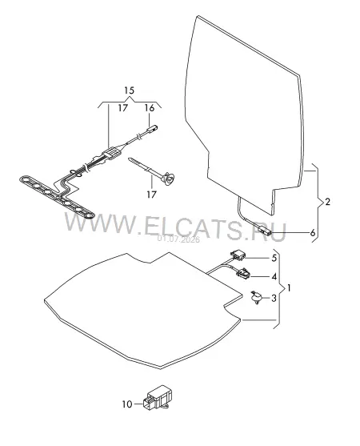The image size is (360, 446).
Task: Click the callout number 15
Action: coord(129,90)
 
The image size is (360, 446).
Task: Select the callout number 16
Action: coord(149,108)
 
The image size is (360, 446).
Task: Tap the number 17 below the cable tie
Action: coord(152,195)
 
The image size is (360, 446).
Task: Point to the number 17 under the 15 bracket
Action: coord(123,108)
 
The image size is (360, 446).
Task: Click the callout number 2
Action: coord(328,202)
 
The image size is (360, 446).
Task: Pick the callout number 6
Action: coord(313,233)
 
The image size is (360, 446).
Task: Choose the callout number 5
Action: coord(274,258)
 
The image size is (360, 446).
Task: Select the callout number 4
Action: coord(274,276)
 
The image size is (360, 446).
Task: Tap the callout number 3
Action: coord(274,298)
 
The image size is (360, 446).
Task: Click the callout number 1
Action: coord(289,288)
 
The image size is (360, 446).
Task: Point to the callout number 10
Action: coord(127,404)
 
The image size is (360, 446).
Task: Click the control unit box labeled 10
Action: coord(158,398)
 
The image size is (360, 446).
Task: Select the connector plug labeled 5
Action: coord(238,255)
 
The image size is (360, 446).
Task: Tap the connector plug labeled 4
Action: coord(243,273)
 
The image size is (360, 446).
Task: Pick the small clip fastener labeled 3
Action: coord(256,297)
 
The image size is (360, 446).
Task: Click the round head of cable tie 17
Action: coord(168,178)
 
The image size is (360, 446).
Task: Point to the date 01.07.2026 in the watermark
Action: coord(178,239)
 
